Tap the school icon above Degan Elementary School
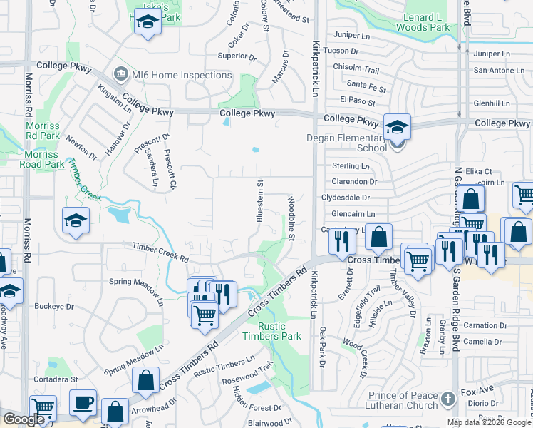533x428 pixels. coord(397,128)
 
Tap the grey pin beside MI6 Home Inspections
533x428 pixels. coord(120,73)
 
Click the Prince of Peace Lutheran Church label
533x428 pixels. coord(403,400)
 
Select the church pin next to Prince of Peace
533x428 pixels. coord(447,398)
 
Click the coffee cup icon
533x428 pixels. coord(83,402)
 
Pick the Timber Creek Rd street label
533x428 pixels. coord(160,252)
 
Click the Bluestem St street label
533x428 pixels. coord(261,200)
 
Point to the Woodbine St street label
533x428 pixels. coord(291,218)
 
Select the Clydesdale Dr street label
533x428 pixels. coord(346,198)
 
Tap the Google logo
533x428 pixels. coord(24,419)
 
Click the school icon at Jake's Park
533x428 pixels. coord(148,24)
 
